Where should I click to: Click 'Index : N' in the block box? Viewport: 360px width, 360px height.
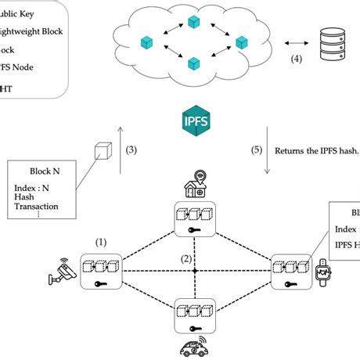[x=34, y=189]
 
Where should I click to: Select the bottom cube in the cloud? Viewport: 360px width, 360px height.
[x=193, y=62]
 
